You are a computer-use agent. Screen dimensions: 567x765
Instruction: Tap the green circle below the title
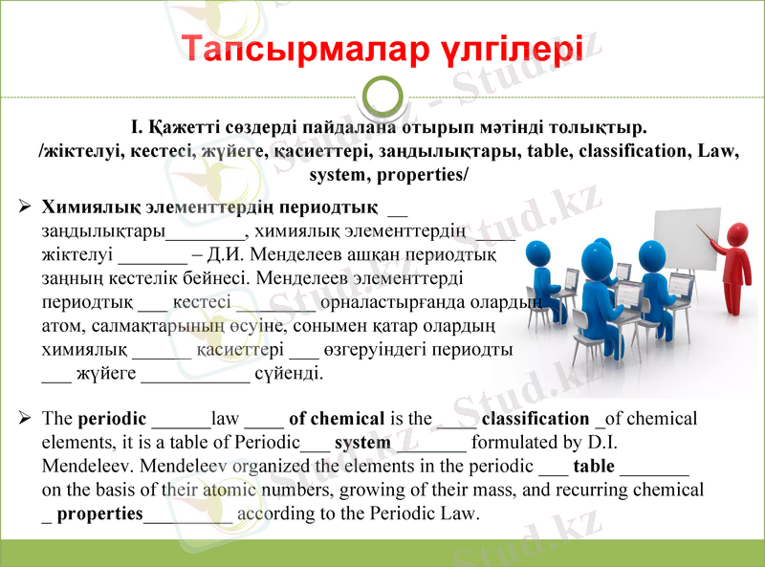click(383, 97)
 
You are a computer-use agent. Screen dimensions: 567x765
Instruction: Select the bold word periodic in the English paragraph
click(112, 419)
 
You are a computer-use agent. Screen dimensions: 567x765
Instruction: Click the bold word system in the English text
click(362, 443)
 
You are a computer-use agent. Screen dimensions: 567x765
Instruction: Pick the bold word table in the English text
click(594, 467)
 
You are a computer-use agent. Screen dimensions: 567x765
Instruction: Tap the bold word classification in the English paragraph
click(535, 419)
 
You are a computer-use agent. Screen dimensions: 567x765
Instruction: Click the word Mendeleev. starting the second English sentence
click(82, 467)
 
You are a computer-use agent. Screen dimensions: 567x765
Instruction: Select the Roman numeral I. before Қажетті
click(137, 126)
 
